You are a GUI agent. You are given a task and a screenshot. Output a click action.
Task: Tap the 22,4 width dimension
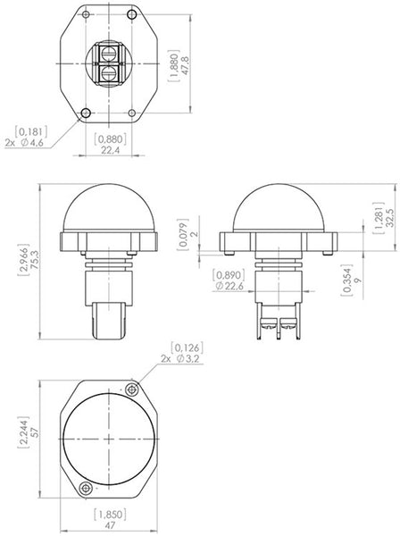click(x=108, y=151)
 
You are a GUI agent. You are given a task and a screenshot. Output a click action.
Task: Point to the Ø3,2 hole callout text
click(x=185, y=357)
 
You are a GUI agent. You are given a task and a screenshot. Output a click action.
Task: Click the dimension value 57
click(x=34, y=438)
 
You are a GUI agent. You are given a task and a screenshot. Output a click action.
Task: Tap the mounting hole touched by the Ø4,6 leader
click(x=86, y=113)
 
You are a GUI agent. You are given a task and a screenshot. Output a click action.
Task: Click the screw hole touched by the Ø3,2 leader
click(x=134, y=389)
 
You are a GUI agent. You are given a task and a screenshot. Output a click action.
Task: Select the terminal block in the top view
click(x=109, y=63)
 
